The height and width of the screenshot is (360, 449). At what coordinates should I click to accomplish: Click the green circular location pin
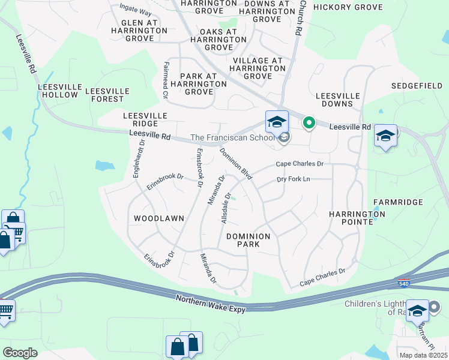coord(309,123)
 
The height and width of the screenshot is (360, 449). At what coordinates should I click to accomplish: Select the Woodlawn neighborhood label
coord(158,218)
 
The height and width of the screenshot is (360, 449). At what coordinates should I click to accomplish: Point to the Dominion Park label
coord(249,240)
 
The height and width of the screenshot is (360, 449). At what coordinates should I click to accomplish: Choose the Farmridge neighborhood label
coord(398,203)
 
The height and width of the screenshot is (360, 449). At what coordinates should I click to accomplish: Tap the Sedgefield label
coord(417,86)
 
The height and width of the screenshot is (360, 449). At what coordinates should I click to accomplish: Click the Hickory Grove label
coord(348,7)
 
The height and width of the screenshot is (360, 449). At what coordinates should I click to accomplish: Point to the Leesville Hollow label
coord(58,91)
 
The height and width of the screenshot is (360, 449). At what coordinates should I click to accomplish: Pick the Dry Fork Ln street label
coord(293,179)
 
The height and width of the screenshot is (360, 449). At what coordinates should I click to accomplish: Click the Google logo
coord(20,352)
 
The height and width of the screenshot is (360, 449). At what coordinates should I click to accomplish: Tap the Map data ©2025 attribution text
coord(423,355)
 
